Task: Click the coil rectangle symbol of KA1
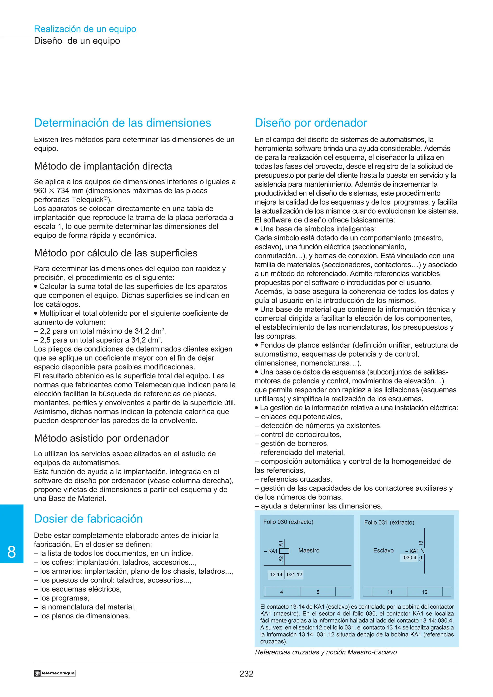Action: click(x=284, y=551)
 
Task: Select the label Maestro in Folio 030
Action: click(x=309, y=550)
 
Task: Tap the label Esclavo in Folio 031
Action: click(x=383, y=550)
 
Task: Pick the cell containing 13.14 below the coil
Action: click(x=276, y=574)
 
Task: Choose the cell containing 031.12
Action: click(x=294, y=574)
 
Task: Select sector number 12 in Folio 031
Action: click(x=424, y=592)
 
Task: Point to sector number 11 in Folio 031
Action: click(x=389, y=592)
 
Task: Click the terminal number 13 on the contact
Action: click(x=421, y=543)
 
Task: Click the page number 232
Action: click(x=246, y=674)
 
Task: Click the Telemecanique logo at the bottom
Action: click(x=54, y=673)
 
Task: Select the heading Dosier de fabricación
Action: click(x=88, y=519)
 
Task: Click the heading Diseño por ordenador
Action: click(x=311, y=123)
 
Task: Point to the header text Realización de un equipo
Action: click(x=85, y=29)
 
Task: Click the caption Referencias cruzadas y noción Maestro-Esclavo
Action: click(x=326, y=652)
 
